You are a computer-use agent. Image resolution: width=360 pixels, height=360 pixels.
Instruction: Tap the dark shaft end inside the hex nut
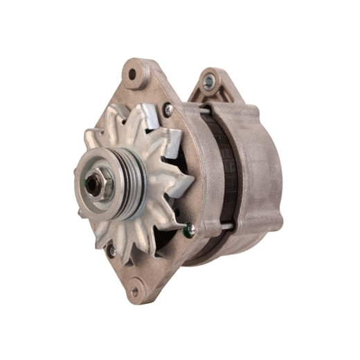tap(91, 183)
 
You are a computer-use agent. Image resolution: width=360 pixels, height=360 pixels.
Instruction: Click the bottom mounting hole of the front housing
tap(135, 291)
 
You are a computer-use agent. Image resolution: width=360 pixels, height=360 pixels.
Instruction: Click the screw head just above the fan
tap(168, 108)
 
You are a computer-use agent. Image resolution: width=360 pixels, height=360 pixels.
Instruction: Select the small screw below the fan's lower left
tap(111, 252)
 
